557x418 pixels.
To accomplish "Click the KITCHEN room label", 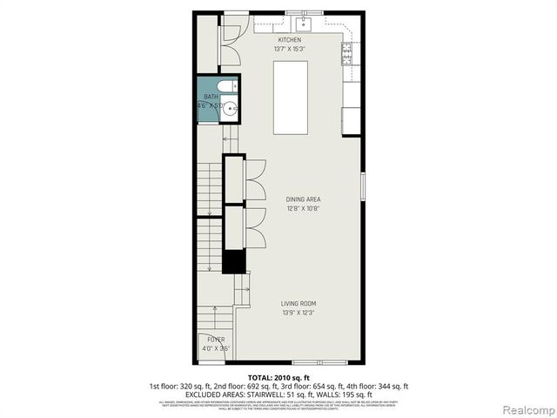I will point(290,40).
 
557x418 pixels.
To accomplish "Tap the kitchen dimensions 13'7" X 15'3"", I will point(290,50).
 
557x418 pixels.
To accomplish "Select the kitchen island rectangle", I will point(291,98).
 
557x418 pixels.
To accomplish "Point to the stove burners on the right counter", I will point(347,55).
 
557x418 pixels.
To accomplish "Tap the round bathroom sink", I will point(231,109).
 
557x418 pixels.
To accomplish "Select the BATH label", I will point(211,97).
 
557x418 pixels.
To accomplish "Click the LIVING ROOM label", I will point(298,303).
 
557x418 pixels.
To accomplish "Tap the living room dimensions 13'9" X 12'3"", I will point(298,313).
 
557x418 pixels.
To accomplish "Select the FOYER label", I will point(215,338).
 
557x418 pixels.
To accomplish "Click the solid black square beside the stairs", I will point(233,261).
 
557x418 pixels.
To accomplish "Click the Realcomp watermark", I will point(527,409).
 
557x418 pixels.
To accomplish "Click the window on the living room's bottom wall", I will point(319,361).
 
